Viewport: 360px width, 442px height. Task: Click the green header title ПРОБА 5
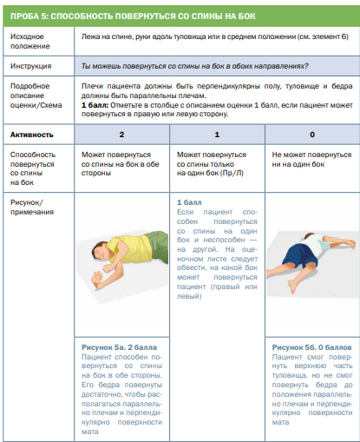(x=133, y=16)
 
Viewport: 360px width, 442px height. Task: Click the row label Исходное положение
(x=30, y=41)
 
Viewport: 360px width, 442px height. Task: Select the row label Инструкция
(x=31, y=66)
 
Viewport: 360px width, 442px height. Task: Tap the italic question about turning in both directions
(x=195, y=66)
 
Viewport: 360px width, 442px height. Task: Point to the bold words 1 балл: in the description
(x=95, y=105)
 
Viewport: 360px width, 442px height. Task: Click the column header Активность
(x=32, y=135)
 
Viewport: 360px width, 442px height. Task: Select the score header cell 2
(x=121, y=135)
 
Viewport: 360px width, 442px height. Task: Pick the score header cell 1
(x=217, y=135)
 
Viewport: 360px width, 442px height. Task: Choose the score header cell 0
(x=312, y=135)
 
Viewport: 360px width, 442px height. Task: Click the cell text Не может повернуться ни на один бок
(x=311, y=159)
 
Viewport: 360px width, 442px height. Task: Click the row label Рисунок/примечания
(x=32, y=207)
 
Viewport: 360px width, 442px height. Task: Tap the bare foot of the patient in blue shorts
(x=293, y=286)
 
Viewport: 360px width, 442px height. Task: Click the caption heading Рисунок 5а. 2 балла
(x=119, y=347)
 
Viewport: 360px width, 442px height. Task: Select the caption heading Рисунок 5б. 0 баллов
(x=311, y=347)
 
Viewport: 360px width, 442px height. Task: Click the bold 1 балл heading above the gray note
(x=189, y=202)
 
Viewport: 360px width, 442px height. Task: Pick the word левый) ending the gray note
(x=189, y=296)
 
